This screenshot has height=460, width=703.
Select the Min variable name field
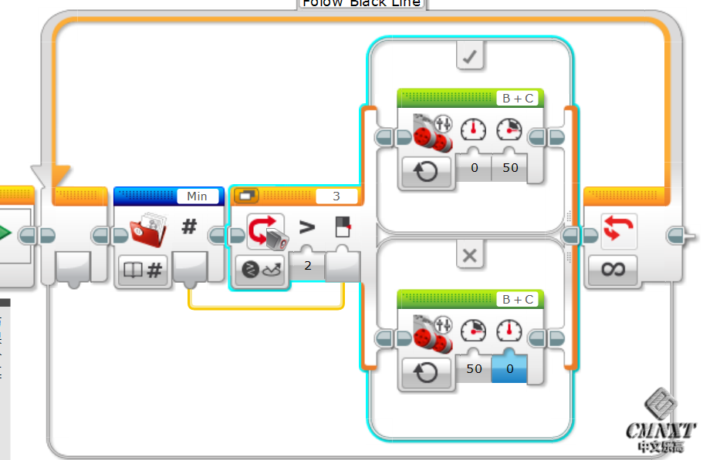point(198,196)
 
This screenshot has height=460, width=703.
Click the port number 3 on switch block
point(336,196)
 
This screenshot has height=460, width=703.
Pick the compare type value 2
point(308,266)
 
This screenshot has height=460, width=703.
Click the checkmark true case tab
point(470,55)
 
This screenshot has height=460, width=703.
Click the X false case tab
point(470,255)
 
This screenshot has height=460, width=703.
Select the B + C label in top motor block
point(518,99)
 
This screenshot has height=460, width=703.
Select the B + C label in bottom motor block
point(518,299)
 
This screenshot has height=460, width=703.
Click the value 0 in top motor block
point(474,167)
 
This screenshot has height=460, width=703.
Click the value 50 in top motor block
point(509,167)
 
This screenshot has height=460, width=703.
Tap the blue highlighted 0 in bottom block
point(509,368)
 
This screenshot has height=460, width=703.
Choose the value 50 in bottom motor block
point(474,368)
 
